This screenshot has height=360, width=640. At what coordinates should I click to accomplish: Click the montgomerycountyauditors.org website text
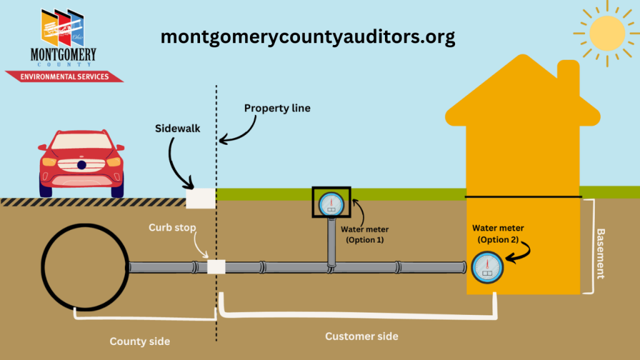(307, 37)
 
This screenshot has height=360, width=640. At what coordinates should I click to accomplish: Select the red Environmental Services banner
(64, 76)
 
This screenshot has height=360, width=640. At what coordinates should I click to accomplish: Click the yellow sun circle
(607, 32)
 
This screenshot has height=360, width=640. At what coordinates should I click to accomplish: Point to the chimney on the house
(568, 78)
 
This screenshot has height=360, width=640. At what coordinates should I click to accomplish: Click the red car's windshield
(81, 142)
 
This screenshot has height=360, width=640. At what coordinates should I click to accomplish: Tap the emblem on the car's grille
(81, 165)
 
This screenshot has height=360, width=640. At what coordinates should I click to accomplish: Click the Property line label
(277, 108)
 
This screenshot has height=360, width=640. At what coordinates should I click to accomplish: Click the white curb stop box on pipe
(216, 267)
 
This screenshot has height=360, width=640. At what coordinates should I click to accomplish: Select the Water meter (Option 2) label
(498, 234)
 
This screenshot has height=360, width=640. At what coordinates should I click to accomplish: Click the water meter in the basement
(488, 267)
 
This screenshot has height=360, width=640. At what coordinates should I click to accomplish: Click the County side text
(139, 341)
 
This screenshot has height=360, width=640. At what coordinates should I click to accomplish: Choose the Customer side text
(361, 336)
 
